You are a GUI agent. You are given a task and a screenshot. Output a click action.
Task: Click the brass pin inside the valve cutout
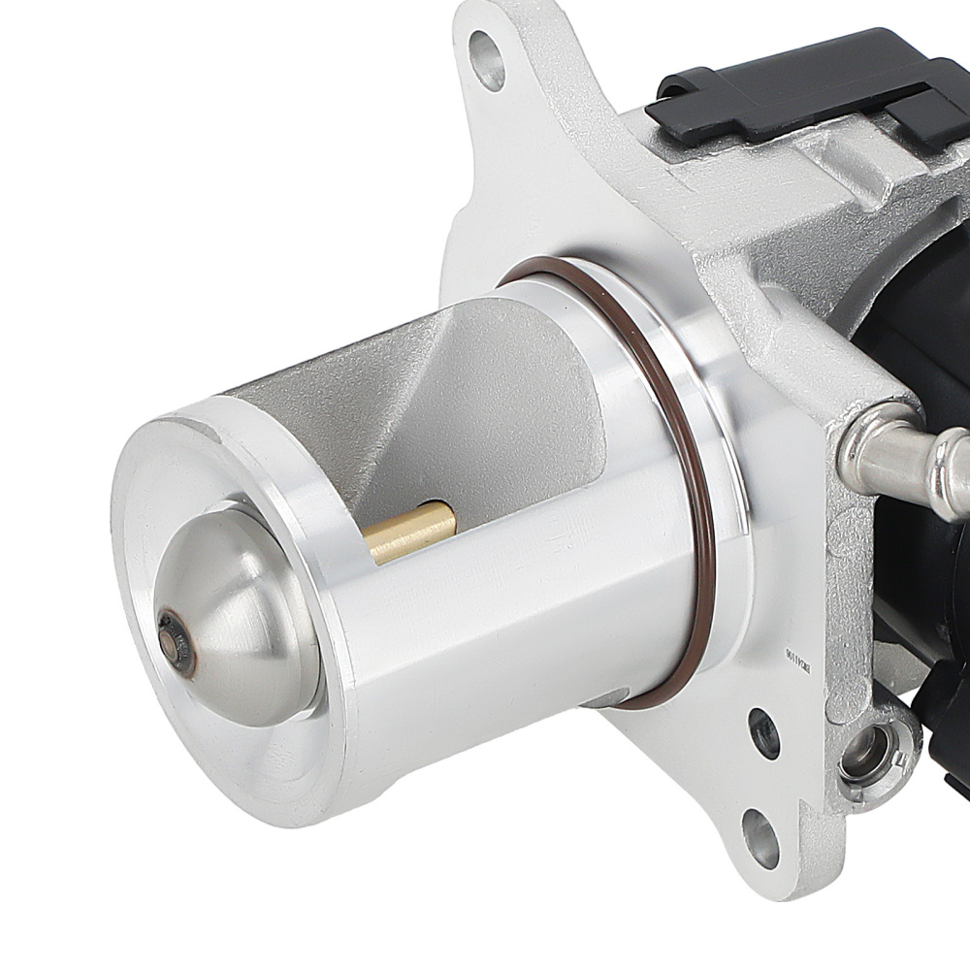(x=412, y=533)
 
